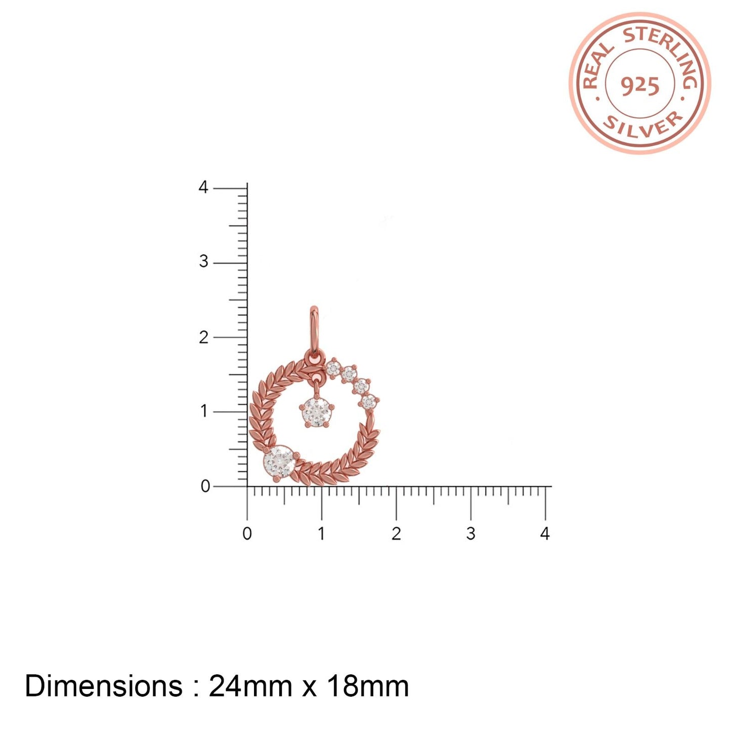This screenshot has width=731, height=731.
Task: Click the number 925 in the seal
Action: pyautogui.click(x=639, y=87)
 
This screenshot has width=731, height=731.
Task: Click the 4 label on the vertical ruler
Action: pyautogui.click(x=204, y=187)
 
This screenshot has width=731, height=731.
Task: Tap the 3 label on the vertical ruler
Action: pyautogui.click(x=204, y=262)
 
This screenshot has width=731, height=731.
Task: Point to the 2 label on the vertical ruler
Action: pyautogui.click(x=204, y=337)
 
